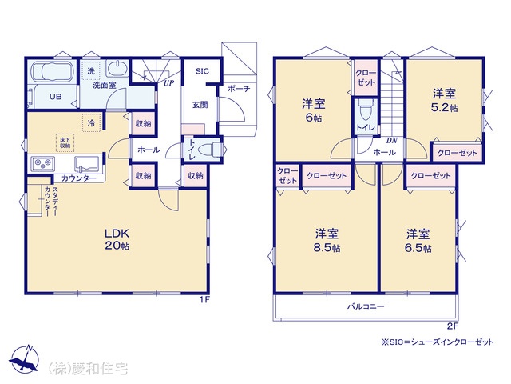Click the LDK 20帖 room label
[117, 239]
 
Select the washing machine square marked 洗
[90, 70]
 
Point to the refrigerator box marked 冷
[91, 122]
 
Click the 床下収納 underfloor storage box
[65, 142]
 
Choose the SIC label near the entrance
[202, 71]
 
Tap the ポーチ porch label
[239, 88]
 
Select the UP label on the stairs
[168, 83]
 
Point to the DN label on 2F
[392, 141]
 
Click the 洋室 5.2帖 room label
[444, 100]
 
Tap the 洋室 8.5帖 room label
[327, 240]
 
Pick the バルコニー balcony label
[366, 306]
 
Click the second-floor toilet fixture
[366, 110]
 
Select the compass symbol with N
[24, 358]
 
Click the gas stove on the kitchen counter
[42, 163]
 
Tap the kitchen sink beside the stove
[87, 164]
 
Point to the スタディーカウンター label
[51, 202]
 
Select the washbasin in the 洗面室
[116, 70]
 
